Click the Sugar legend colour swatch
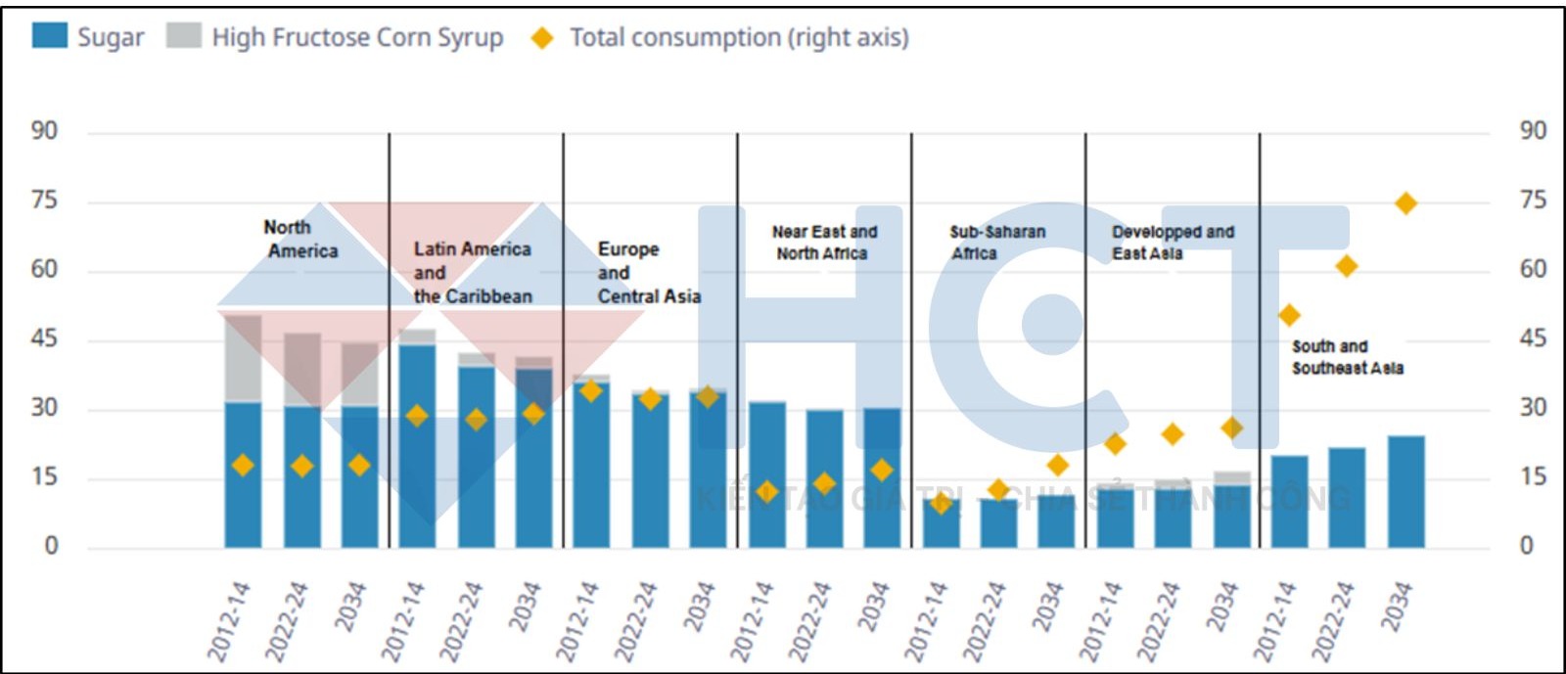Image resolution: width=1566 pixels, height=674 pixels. pos(49,36)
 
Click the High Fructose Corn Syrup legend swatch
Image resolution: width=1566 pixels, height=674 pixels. pos(183,36)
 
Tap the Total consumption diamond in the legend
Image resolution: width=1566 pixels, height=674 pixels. pos(541,38)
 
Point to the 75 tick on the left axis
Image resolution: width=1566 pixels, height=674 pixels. pos(44,201)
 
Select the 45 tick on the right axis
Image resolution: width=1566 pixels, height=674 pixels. pos(1532,338)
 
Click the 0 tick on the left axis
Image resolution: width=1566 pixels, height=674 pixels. pos(51,546)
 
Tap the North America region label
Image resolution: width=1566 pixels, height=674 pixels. pos(301,239)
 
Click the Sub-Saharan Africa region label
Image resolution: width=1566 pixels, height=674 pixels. pos(996,243)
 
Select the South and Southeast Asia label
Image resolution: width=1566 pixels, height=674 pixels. pos(1347,357)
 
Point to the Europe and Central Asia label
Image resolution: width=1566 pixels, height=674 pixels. pos(648,273)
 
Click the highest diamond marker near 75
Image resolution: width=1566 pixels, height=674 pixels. pos(1405,203)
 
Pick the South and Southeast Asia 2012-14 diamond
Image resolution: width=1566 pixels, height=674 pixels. pos(1289,315)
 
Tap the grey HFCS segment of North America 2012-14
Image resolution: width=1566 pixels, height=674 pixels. pos(243,358)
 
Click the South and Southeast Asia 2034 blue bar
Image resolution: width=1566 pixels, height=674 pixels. pos(1405,491)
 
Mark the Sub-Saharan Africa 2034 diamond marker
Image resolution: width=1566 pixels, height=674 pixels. pos(1056,465)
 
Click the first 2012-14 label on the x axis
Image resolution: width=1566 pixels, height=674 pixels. pos(230,620)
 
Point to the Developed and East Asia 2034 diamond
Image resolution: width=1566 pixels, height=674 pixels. pos(1231,427)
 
